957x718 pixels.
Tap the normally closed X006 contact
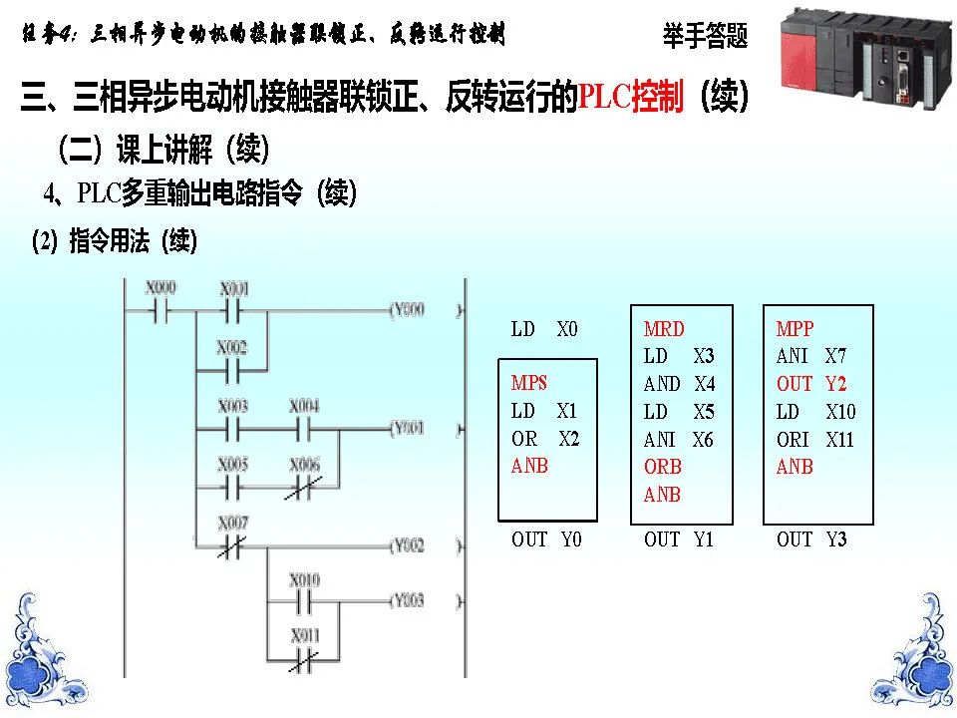(x=304, y=487)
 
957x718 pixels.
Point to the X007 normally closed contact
(x=233, y=544)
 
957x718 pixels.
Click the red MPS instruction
(x=529, y=383)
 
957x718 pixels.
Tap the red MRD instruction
(x=664, y=328)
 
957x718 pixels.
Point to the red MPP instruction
(x=795, y=328)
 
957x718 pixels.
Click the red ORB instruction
(x=663, y=467)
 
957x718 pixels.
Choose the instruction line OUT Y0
(x=546, y=539)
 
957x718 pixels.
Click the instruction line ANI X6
(x=679, y=440)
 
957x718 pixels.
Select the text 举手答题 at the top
(x=705, y=37)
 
